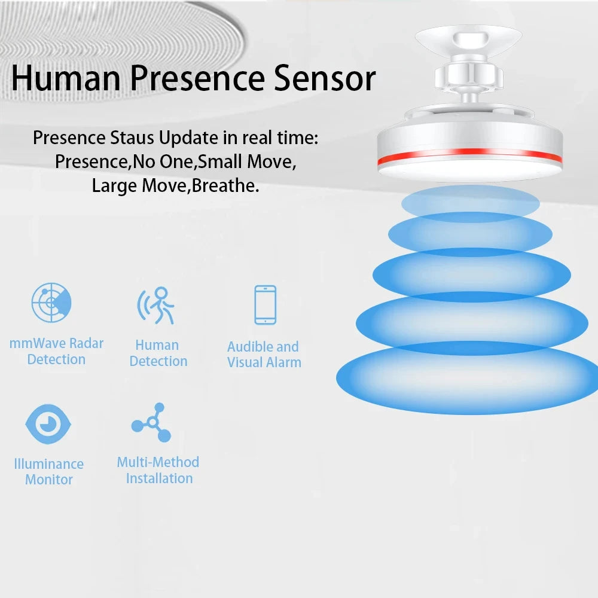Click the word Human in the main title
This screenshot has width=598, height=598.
point(66,78)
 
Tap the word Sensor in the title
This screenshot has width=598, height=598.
point(325,78)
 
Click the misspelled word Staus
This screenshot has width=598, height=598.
point(132,138)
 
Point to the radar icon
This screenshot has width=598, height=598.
point(51,303)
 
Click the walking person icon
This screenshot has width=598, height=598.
point(156,306)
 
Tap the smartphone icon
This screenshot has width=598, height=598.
point(266,305)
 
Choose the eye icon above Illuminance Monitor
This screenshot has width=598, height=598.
point(48,424)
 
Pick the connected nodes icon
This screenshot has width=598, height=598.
point(151,422)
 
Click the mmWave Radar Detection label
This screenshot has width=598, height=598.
point(56,351)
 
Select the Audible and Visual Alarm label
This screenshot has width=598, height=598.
point(264,354)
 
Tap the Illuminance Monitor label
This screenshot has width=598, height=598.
point(49,471)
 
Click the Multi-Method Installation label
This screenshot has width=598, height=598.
point(158,470)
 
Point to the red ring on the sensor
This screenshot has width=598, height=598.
point(470,154)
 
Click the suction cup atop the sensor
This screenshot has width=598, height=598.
point(469,39)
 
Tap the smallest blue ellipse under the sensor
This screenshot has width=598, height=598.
point(471,203)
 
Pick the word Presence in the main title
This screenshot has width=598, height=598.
point(197,78)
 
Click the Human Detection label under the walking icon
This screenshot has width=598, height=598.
point(158,353)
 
